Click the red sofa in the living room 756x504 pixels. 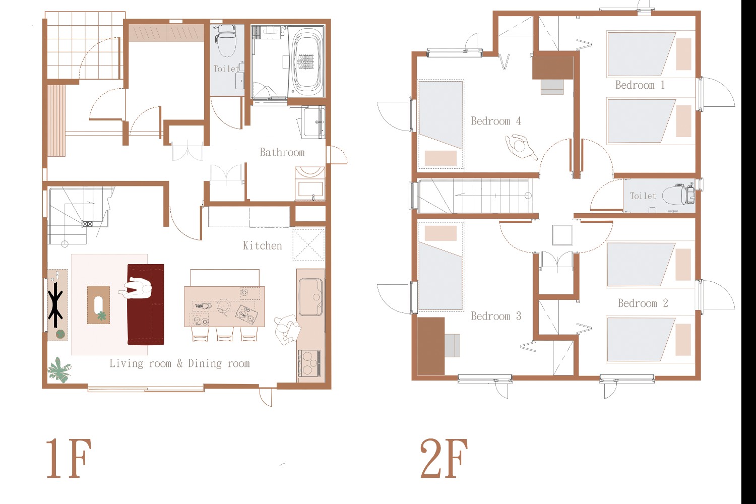(x=146, y=304)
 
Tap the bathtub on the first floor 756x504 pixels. (x=306, y=62)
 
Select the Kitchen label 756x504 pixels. (x=262, y=245)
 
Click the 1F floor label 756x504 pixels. (x=69, y=458)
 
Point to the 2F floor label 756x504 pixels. (x=444, y=458)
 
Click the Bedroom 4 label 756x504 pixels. (x=496, y=121)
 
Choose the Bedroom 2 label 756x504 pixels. (x=643, y=303)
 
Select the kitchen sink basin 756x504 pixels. (x=310, y=296)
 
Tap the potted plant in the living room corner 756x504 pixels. (x=59, y=370)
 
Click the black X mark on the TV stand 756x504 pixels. (x=55, y=305)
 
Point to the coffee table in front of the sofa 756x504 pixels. (x=99, y=305)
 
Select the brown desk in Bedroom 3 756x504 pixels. (x=431, y=346)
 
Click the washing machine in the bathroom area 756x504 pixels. (x=310, y=183)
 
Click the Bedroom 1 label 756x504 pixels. (x=640, y=85)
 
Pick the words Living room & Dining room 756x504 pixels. (x=179, y=363)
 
